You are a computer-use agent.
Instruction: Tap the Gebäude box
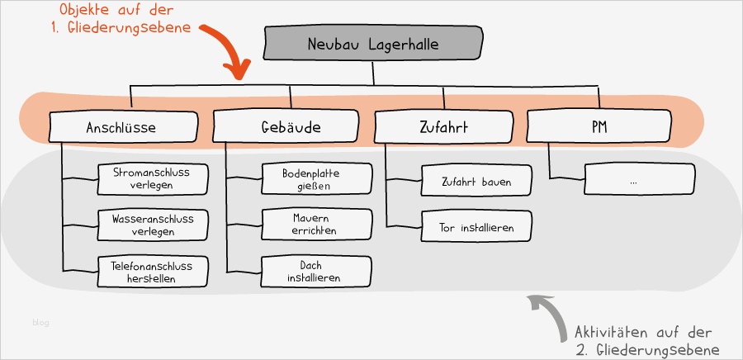click(x=285, y=128)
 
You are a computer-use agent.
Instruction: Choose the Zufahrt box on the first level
click(x=445, y=128)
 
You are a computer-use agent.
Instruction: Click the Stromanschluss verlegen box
click(x=152, y=178)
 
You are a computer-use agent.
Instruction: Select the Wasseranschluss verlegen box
click(x=152, y=225)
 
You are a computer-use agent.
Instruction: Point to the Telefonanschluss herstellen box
click(x=152, y=272)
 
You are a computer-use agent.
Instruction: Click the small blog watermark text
click(x=40, y=322)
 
